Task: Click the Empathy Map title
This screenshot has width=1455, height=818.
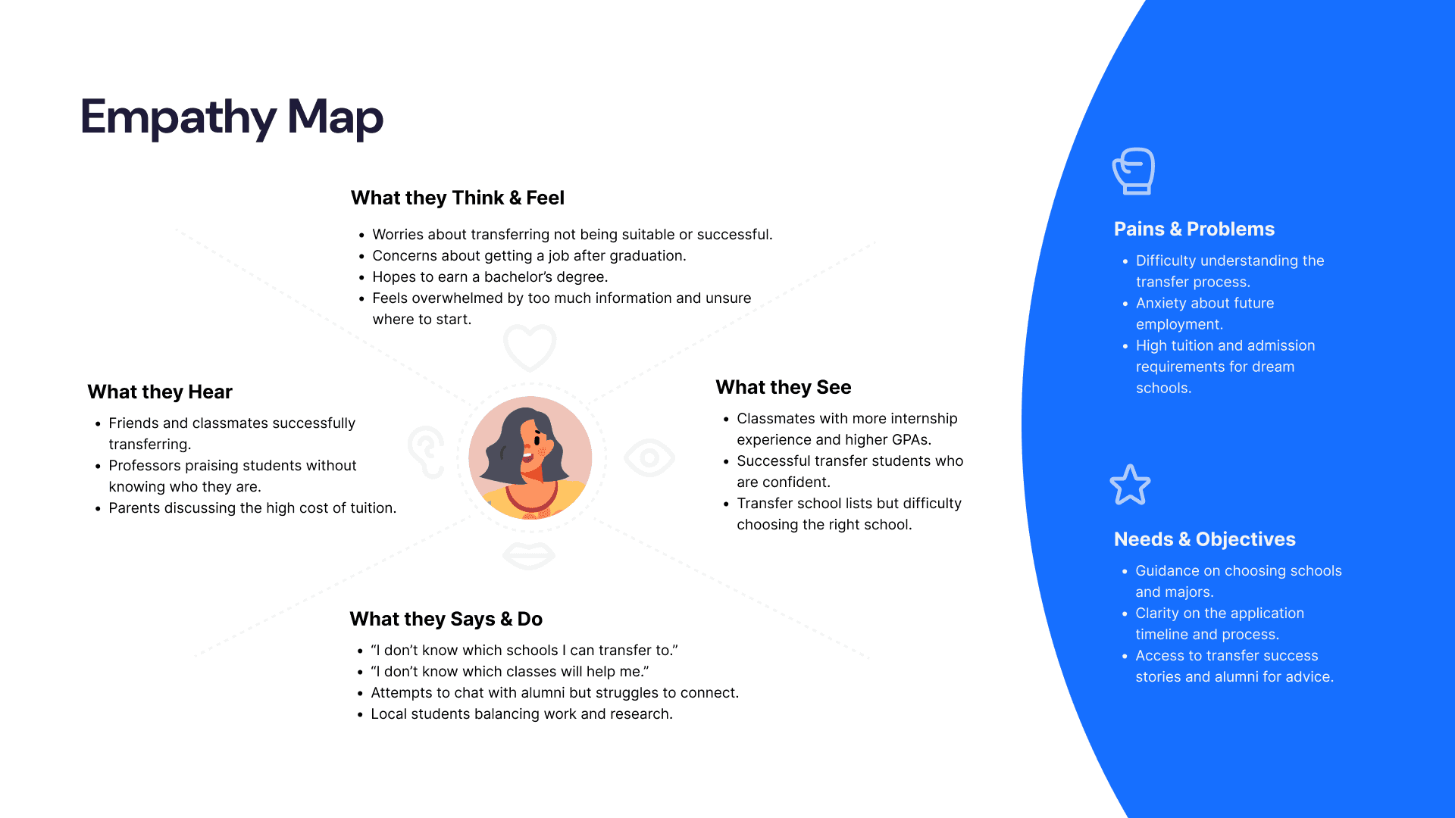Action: [x=231, y=117]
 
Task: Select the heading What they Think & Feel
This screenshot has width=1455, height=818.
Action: [x=457, y=198]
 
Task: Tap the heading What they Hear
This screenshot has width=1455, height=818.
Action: [x=159, y=392]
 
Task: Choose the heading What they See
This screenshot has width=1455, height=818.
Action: [x=783, y=387]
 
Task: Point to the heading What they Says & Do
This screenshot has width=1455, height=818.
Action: [x=446, y=619]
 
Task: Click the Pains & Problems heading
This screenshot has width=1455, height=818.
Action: [x=1194, y=229]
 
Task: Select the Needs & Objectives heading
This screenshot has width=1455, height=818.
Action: [x=1204, y=539]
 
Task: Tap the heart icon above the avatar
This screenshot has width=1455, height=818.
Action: [x=530, y=347]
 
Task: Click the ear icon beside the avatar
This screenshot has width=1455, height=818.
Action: [x=427, y=451]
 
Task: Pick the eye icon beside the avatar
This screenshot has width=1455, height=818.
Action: [x=649, y=457]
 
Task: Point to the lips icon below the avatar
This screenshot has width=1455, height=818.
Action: [x=529, y=556]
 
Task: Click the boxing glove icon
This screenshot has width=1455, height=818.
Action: [x=1134, y=170]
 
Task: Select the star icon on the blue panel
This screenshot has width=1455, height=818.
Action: [x=1130, y=485]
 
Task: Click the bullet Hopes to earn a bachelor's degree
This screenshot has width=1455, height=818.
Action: [x=490, y=277]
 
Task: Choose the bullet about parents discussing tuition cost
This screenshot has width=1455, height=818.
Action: [x=252, y=508]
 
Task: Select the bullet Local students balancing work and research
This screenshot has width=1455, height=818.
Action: [x=521, y=714]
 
